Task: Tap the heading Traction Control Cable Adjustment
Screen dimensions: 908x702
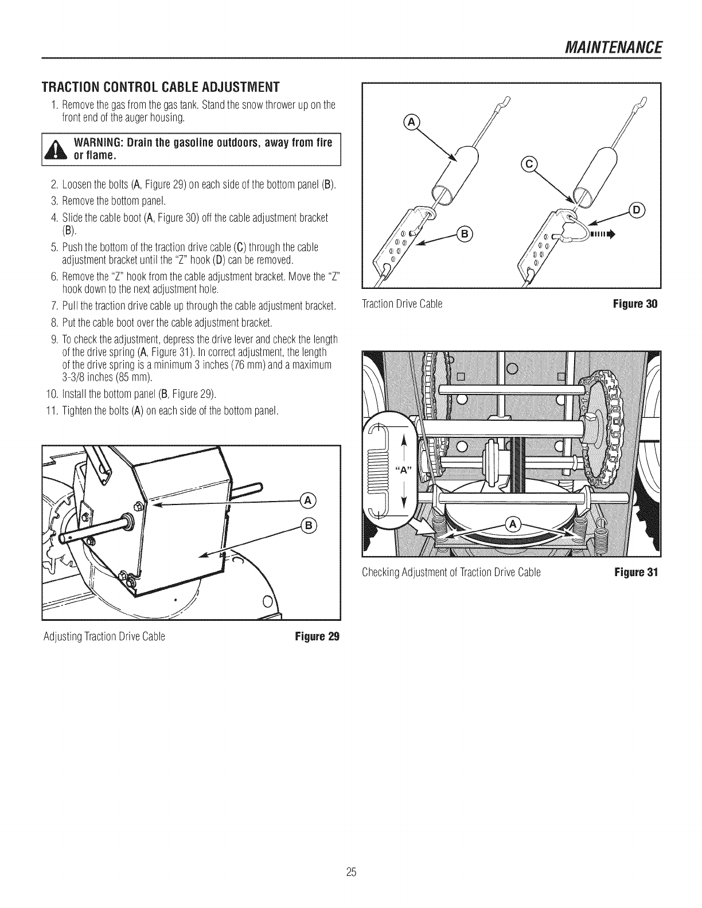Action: click(160, 88)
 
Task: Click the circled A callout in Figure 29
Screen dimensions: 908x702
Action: click(307, 500)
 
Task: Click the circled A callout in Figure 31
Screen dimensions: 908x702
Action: click(513, 523)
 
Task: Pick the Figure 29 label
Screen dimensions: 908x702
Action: click(317, 637)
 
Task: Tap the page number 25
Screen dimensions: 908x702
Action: click(352, 872)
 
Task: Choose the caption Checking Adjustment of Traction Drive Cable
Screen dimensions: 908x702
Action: click(451, 572)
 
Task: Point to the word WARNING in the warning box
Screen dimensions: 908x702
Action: click(104, 143)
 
